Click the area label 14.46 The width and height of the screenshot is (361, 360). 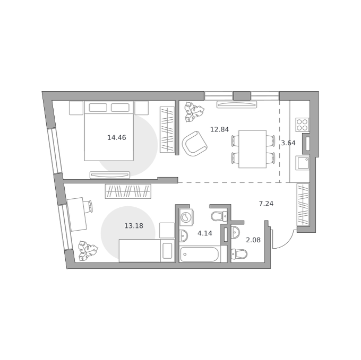116,138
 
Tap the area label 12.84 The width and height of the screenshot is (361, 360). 219,129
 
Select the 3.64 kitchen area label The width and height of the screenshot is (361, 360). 288,143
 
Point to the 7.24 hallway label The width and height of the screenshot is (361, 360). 266,204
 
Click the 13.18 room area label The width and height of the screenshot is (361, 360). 134,226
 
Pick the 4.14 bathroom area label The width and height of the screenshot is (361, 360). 205,233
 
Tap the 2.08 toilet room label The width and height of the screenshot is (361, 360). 253,240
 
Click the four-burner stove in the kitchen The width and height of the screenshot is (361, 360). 303,125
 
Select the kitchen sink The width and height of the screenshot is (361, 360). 303,163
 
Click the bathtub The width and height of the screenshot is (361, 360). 200,254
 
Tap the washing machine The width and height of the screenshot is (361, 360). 186,217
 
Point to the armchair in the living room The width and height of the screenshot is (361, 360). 194,144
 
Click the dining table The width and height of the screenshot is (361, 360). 253,149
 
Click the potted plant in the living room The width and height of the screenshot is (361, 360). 194,112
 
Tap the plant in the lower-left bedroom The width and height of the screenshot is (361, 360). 88,251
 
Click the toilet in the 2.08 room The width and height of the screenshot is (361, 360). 239,254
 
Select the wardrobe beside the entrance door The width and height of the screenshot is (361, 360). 303,204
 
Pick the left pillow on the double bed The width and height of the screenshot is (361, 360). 98,108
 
